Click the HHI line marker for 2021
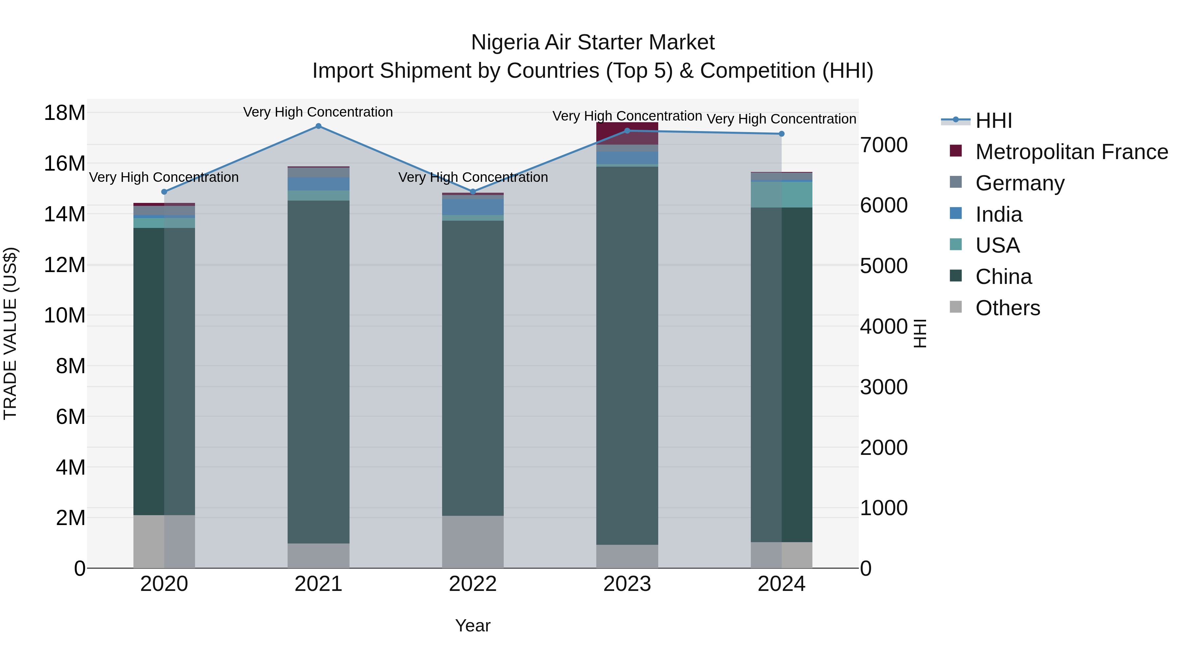(318, 126)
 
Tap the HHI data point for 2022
(473, 191)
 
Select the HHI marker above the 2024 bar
(781, 134)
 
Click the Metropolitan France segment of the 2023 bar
(627, 133)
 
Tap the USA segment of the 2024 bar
(781, 194)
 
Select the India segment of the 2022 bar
(473, 206)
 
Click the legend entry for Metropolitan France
(1071, 152)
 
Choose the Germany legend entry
(1020, 183)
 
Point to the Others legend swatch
(956, 307)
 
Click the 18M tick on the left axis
(65, 113)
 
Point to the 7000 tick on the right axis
(884, 145)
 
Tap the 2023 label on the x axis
(627, 584)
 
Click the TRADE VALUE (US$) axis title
(10, 333)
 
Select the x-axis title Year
(473, 625)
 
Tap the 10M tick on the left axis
(65, 315)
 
